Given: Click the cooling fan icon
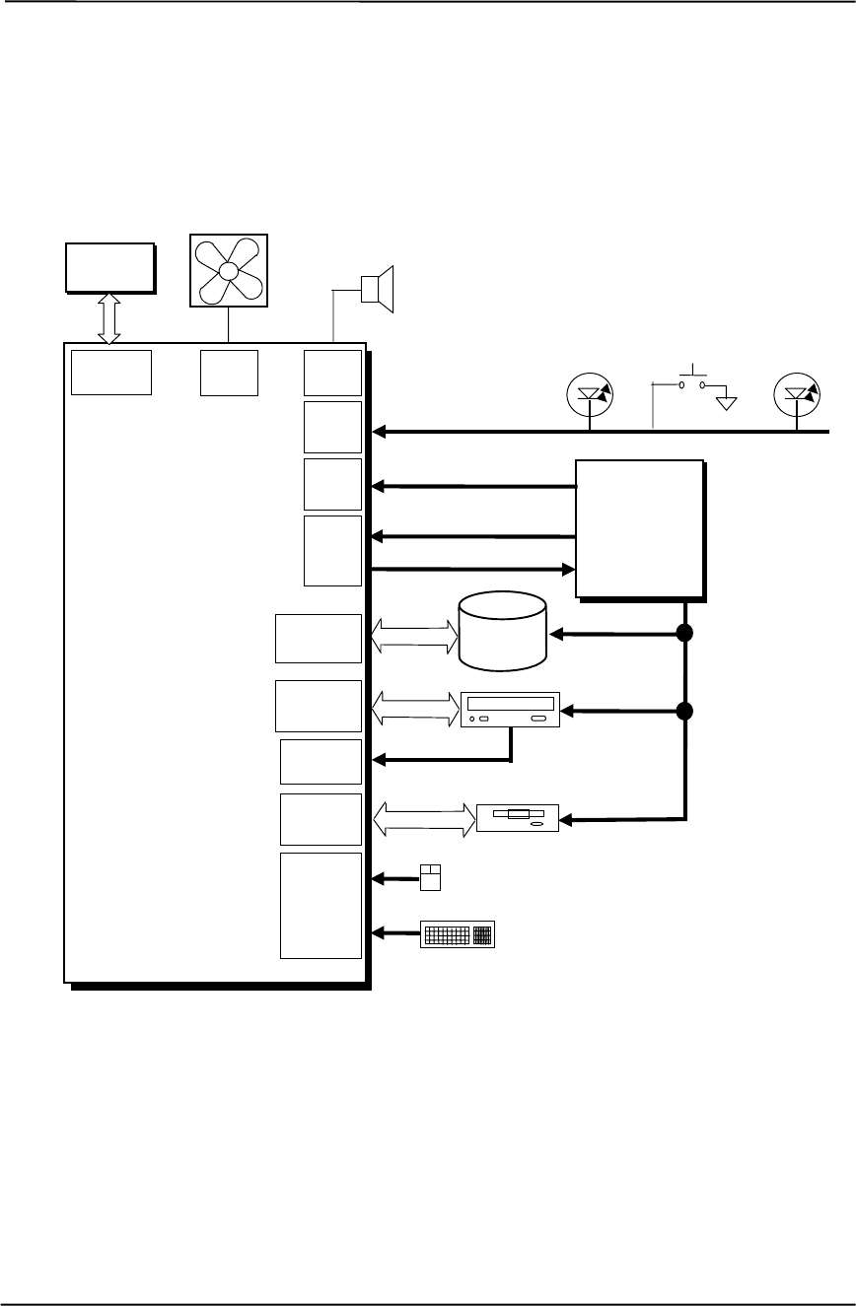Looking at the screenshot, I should [228, 270].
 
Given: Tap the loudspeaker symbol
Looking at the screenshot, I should [378, 288].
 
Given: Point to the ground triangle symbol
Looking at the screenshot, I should [727, 403].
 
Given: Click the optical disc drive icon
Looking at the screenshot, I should [510, 711].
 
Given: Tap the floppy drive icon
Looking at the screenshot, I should [518, 818].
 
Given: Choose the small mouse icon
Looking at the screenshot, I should [429, 877].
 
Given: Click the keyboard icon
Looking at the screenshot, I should [459, 934].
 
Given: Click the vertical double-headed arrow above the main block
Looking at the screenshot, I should [109, 318].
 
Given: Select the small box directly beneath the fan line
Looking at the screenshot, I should [229, 373].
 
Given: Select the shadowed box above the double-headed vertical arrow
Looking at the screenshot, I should [108, 265].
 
